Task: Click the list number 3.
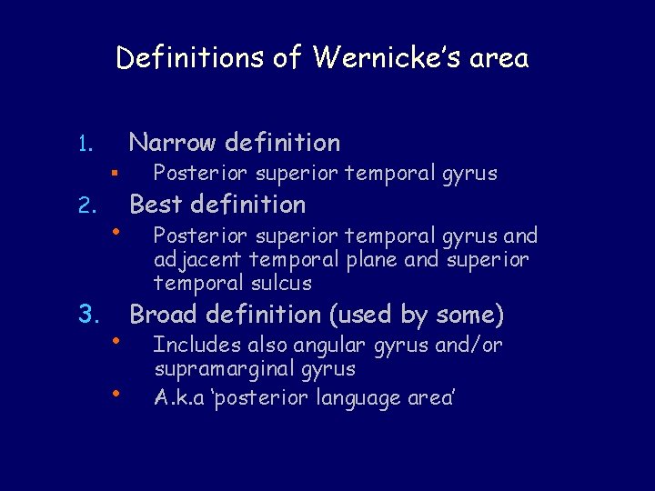click(x=87, y=316)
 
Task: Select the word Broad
click(x=165, y=315)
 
